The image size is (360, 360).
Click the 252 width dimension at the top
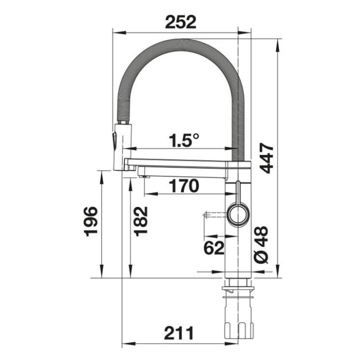(x=180, y=22)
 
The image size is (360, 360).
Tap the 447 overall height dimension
(x=267, y=158)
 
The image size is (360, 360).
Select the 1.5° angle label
(x=184, y=140)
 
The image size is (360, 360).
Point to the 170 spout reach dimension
(x=183, y=186)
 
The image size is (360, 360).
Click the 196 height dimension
(x=91, y=221)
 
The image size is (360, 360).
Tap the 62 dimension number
(x=214, y=248)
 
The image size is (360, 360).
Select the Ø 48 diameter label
(x=261, y=244)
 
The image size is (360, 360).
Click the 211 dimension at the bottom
(x=179, y=333)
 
